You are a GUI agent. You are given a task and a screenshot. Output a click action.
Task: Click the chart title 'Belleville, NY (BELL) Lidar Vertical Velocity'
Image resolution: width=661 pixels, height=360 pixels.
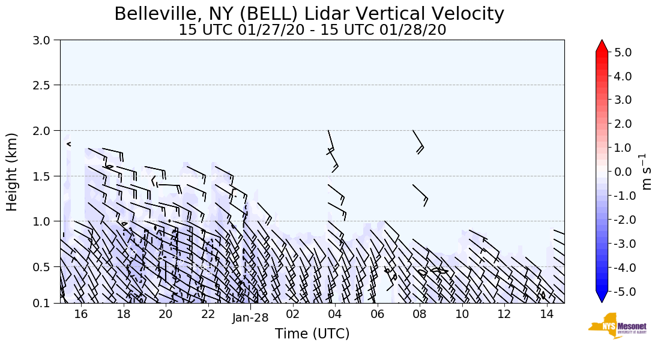click(x=309, y=14)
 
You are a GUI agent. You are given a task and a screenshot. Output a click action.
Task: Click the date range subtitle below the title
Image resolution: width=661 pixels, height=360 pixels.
click(x=312, y=30)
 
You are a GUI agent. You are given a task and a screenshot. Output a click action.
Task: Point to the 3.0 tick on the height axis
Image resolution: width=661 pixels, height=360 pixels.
click(x=46, y=40)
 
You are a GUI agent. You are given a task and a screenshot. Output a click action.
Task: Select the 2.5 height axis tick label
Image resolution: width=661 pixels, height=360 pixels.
click(x=46, y=85)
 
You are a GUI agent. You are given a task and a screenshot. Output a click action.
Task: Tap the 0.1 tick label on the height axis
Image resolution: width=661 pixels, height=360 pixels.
click(x=46, y=304)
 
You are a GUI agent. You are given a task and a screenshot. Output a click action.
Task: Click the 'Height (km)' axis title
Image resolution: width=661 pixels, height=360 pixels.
click(x=13, y=172)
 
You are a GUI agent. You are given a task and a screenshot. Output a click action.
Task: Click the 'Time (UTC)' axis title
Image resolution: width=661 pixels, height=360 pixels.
click(x=312, y=334)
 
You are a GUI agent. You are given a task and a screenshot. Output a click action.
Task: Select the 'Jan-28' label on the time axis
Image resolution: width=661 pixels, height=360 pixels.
click(x=250, y=318)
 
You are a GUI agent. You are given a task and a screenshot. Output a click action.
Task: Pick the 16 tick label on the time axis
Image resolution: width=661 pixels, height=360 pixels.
click(x=81, y=314)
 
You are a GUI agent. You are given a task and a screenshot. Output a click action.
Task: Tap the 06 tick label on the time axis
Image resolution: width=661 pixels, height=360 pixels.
click(x=377, y=314)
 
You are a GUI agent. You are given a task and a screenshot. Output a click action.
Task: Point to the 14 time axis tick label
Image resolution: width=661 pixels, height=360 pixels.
click(x=546, y=314)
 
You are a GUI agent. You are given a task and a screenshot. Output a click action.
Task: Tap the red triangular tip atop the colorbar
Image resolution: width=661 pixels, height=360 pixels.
click(x=602, y=46)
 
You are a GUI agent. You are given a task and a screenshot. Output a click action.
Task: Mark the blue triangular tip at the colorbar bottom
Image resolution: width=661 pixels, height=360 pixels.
click(x=602, y=297)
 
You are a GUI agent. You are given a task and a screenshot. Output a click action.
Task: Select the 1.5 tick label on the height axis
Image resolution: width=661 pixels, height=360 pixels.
click(x=46, y=176)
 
